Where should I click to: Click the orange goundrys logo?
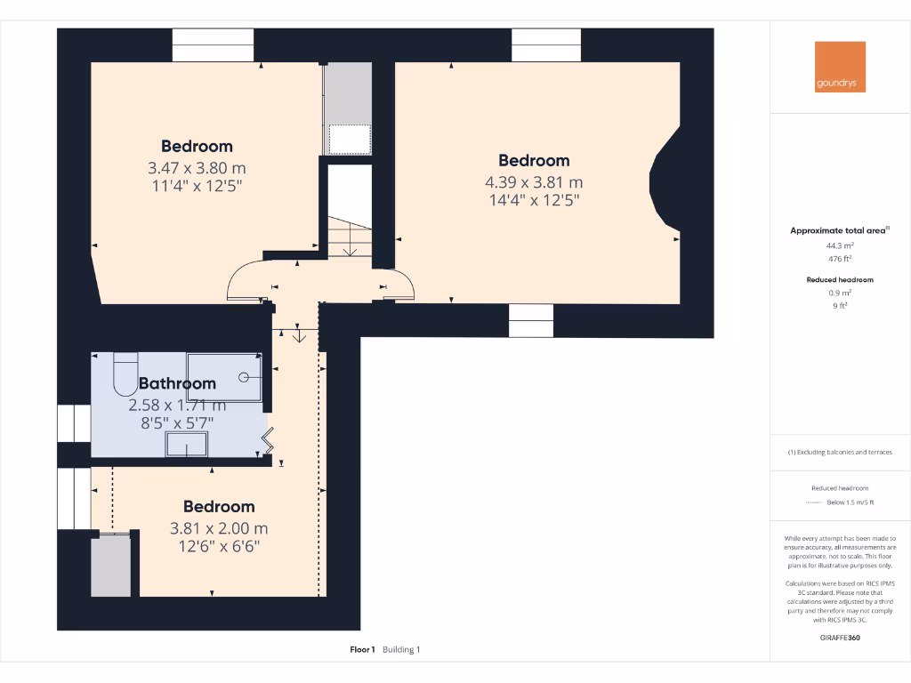(x=840, y=67)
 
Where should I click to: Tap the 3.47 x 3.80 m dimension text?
(x=197, y=167)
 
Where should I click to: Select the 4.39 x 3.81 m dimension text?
(x=533, y=181)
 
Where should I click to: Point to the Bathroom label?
(x=177, y=383)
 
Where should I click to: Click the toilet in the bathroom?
(x=125, y=374)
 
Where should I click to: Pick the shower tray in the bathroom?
(x=224, y=376)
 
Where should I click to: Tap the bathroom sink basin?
(x=186, y=445)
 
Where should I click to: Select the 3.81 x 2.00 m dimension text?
(x=219, y=528)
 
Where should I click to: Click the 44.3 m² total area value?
(x=840, y=245)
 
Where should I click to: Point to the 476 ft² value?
(x=840, y=259)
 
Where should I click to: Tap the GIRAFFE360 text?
(x=840, y=638)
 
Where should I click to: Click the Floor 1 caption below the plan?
(x=363, y=650)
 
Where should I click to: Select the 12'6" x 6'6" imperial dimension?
(x=219, y=548)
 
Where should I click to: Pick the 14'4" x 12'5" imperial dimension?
(x=533, y=200)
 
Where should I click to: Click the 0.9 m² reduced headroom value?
(x=840, y=292)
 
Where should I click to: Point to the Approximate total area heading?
(x=839, y=230)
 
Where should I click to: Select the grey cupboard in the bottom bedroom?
(x=110, y=566)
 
